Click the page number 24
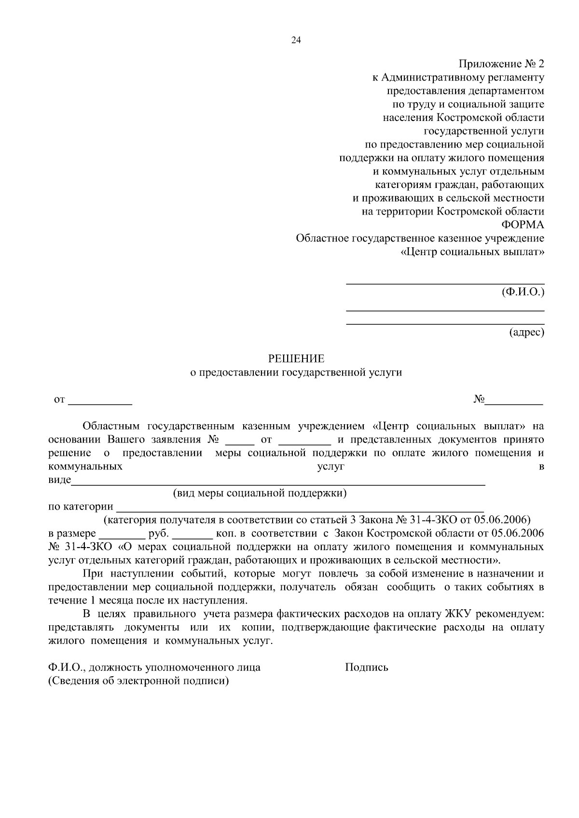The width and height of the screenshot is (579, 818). click(x=296, y=40)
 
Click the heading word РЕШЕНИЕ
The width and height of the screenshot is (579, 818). click(x=296, y=359)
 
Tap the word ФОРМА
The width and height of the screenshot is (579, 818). click(x=523, y=225)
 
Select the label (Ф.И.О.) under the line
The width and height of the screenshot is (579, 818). click(x=523, y=292)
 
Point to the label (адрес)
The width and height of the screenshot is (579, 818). click(x=526, y=332)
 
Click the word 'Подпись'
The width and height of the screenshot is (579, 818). click(x=366, y=668)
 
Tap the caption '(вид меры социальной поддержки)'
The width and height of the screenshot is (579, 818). click(x=260, y=493)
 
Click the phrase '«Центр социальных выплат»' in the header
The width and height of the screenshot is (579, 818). click(x=472, y=252)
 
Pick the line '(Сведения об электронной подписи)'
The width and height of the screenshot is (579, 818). click(x=138, y=681)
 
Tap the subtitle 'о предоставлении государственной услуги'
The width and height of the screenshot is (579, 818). click(x=296, y=372)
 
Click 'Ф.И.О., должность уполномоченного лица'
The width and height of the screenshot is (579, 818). click(x=154, y=668)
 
